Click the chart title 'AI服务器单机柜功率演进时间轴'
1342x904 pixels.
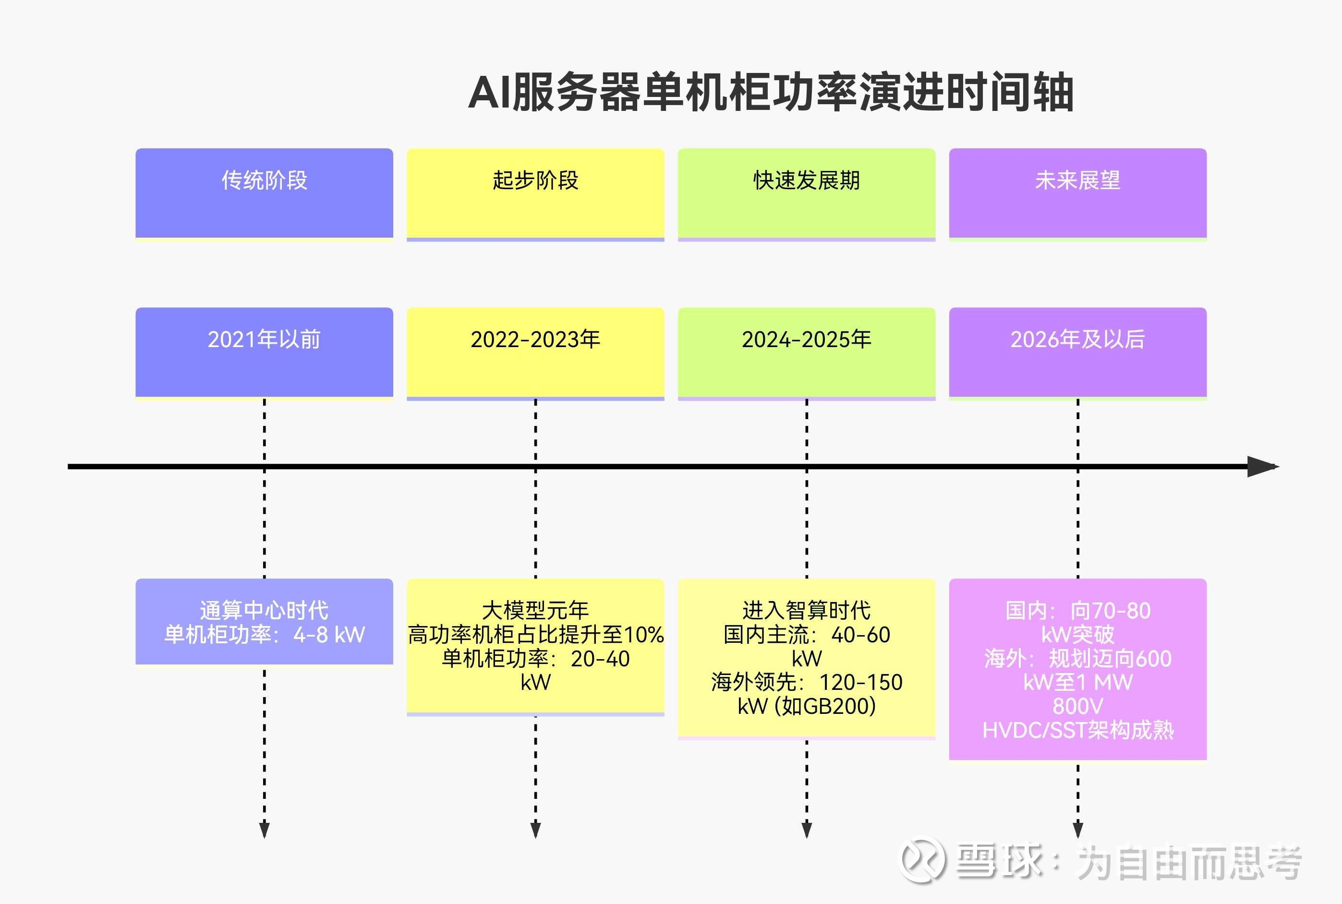[x=771, y=92]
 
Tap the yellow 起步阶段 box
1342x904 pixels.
[x=535, y=194]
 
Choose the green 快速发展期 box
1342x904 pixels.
[x=807, y=194]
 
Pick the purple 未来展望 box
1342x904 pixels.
[x=1077, y=194]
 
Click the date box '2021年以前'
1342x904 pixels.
[x=264, y=352]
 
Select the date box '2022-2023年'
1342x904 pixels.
[x=535, y=353]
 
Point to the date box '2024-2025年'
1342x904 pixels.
[x=807, y=353]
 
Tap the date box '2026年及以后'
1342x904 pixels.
[x=1077, y=353]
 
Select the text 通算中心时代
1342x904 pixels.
[x=264, y=610]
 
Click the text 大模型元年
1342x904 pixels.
[x=535, y=610]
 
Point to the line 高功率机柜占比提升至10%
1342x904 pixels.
[x=535, y=634]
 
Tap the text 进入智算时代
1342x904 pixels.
[x=807, y=610]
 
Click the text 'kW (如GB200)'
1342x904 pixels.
[x=807, y=706]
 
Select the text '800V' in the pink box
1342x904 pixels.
[x=1077, y=706]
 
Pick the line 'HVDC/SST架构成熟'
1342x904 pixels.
[x=1077, y=730]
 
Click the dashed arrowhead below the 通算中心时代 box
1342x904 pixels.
[x=264, y=830]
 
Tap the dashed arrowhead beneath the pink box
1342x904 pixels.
[x=1077, y=830]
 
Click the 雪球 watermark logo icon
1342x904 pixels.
[x=922, y=860]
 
